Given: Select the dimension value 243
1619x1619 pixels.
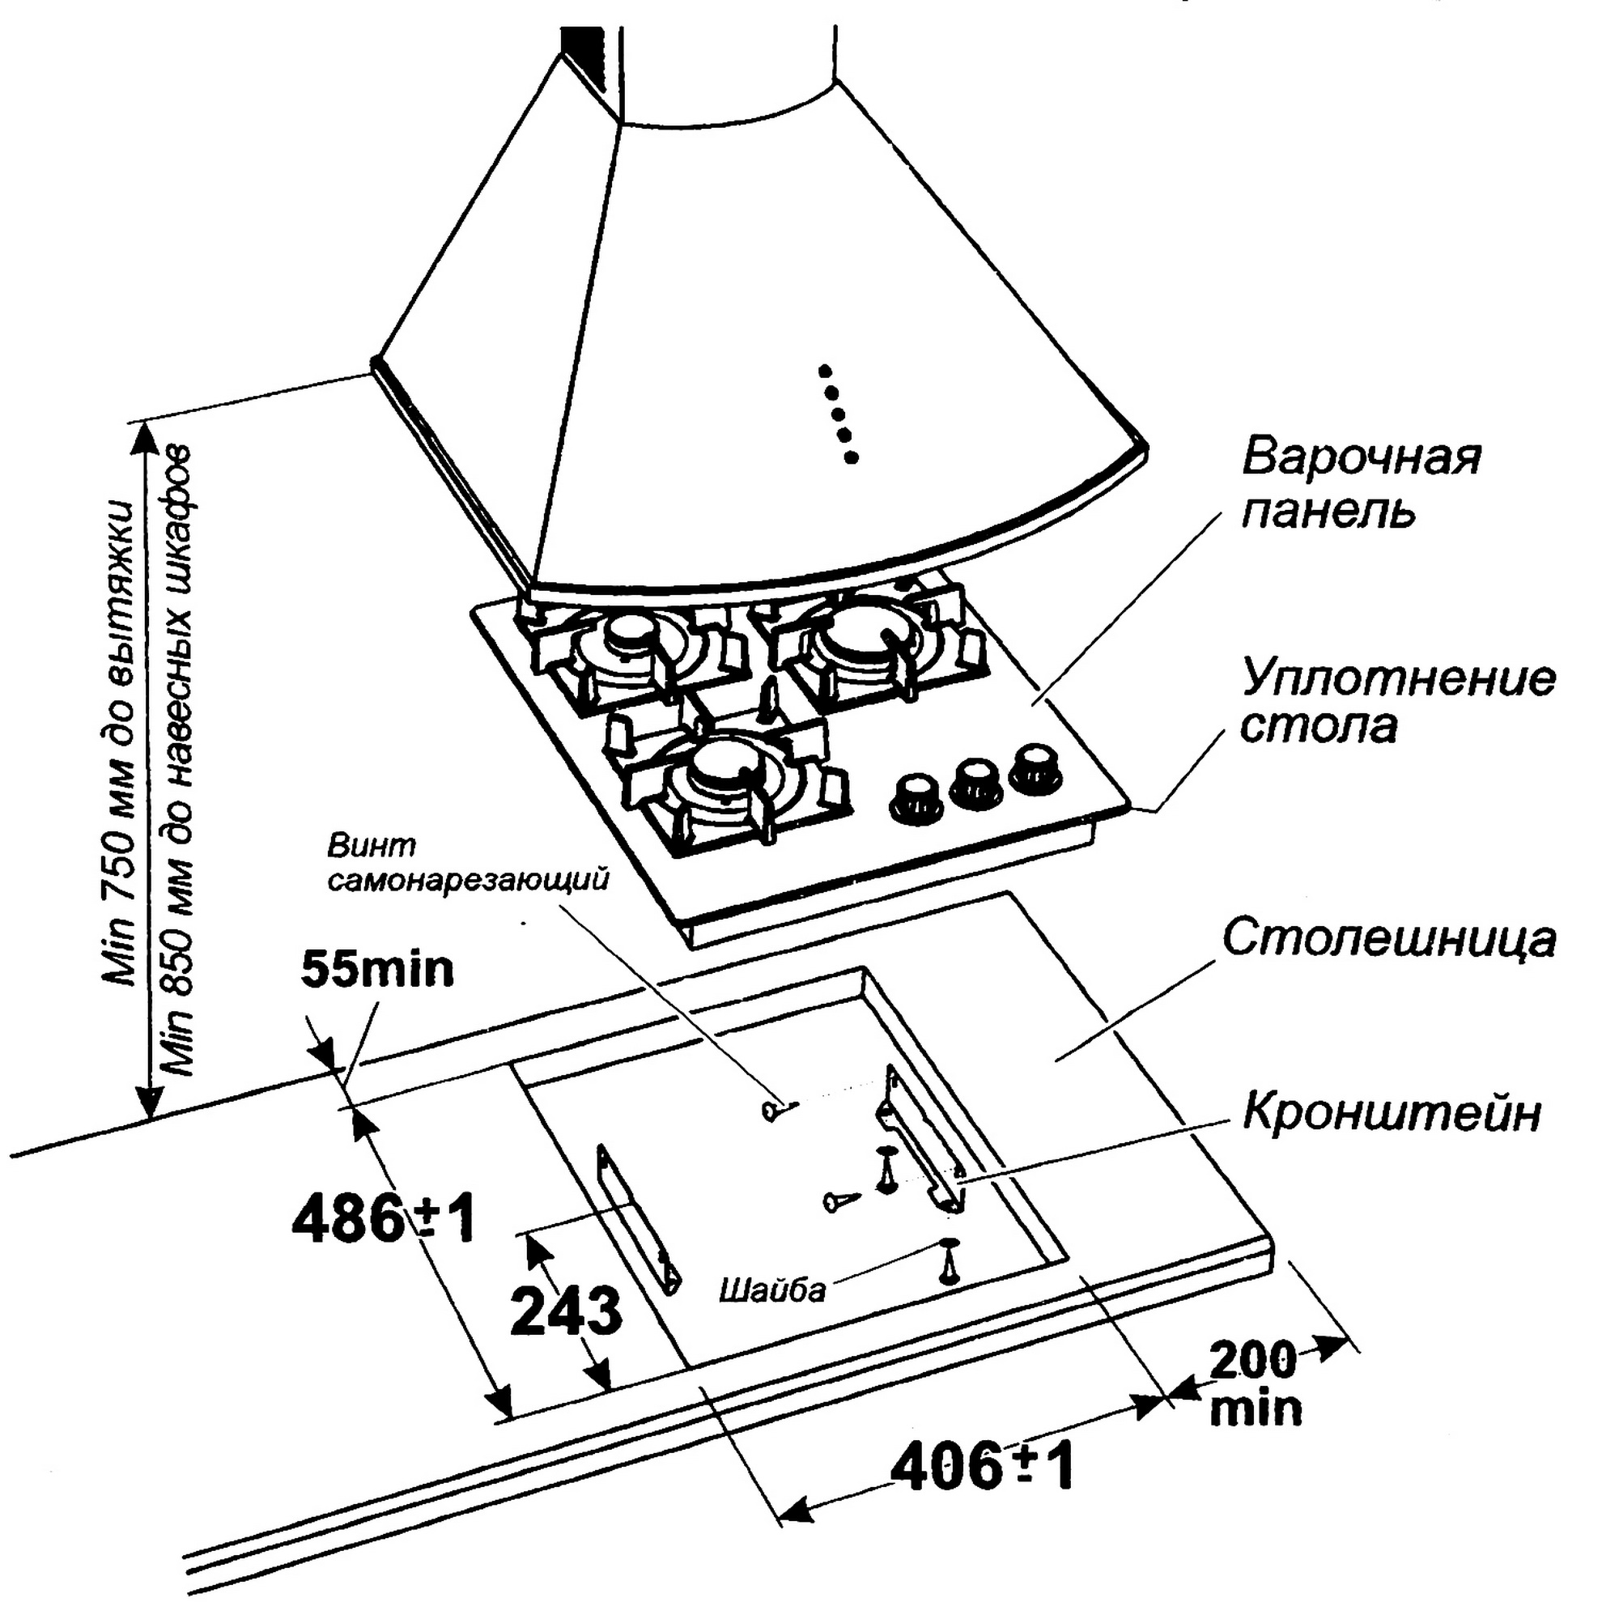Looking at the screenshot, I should [x=567, y=1311].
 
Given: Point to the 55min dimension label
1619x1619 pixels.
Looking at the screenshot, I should [x=377, y=970].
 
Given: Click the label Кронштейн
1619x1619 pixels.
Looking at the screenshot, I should [x=1392, y=1113].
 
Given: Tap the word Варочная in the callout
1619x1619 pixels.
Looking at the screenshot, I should [x=1361, y=457].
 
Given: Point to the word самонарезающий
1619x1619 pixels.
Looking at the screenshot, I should [x=468, y=882].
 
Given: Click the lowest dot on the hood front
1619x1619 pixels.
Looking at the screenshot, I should [x=852, y=457].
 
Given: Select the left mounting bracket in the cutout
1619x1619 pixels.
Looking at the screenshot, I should [x=638, y=1217].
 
